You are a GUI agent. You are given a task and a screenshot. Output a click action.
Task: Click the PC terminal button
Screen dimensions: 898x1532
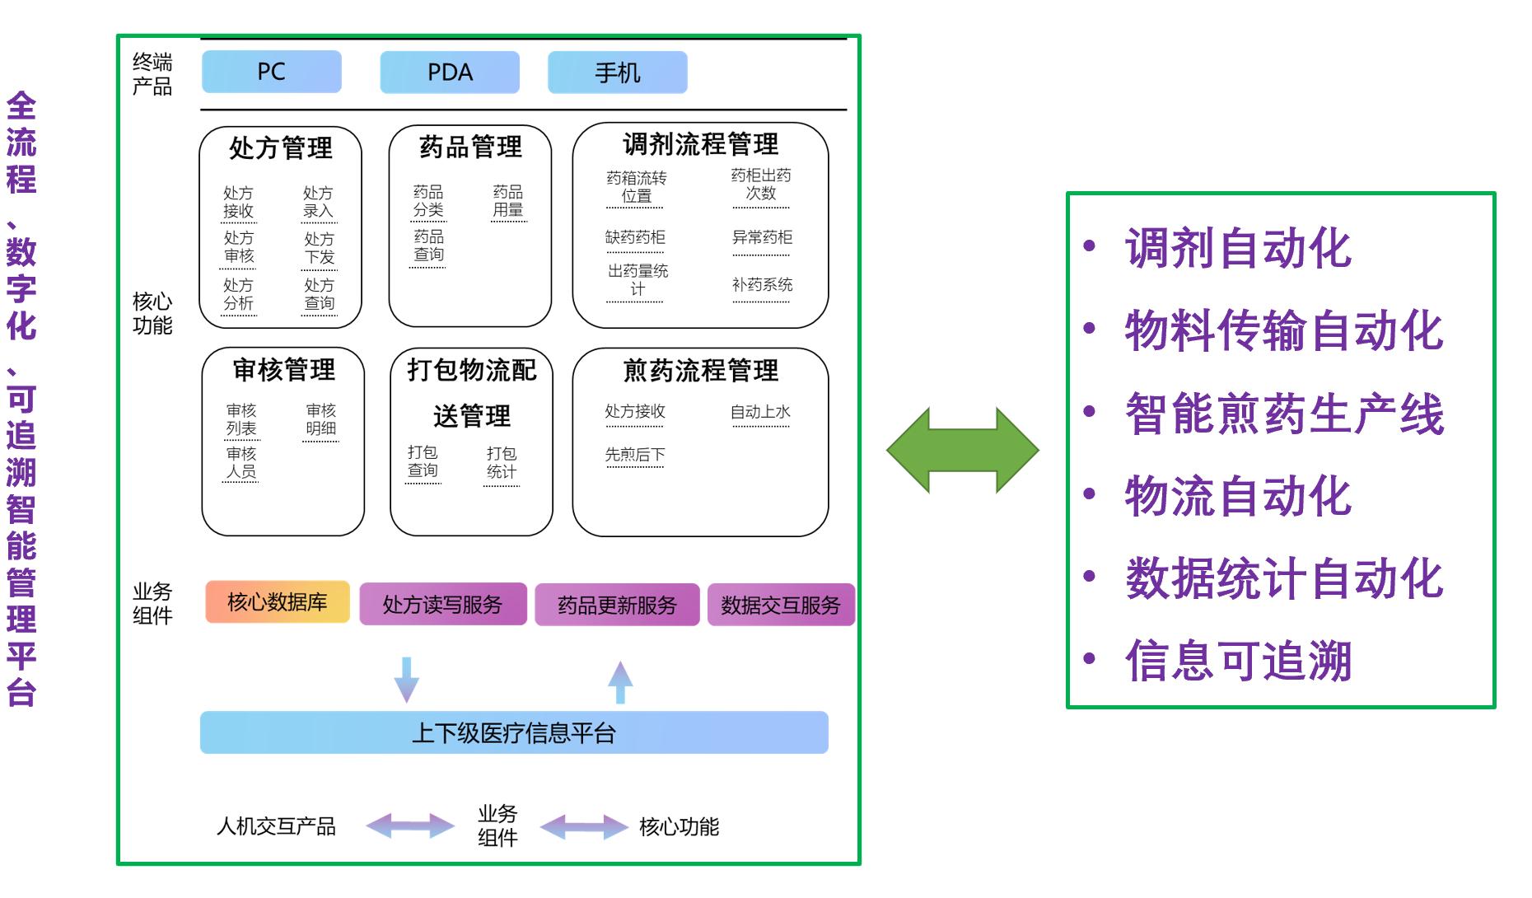coord(271,72)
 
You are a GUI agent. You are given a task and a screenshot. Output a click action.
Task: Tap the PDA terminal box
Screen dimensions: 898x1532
coord(450,72)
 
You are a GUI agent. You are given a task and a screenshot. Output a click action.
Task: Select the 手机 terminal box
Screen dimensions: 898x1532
coord(617,72)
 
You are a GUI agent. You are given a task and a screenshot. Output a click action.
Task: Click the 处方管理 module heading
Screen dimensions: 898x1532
coord(281,148)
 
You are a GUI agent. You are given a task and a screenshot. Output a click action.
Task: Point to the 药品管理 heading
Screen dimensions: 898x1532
coord(470,147)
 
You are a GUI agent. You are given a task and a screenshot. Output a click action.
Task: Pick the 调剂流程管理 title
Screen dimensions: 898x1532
coord(700,144)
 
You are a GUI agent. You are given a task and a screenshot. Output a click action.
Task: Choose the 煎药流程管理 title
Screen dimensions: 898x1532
coord(700,371)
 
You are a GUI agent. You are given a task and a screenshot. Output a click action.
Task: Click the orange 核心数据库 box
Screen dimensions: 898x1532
coord(277,602)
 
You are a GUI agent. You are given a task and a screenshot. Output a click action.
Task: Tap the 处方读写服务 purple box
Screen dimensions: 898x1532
coord(442,605)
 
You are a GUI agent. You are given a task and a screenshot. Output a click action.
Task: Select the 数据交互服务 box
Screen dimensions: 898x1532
coord(780,606)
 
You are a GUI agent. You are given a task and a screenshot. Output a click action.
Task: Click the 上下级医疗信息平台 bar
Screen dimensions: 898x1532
coord(514,732)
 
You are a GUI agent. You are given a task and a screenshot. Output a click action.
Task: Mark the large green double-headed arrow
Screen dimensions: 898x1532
coord(962,450)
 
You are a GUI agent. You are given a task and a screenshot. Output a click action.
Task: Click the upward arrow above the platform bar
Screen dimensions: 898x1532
coord(620,681)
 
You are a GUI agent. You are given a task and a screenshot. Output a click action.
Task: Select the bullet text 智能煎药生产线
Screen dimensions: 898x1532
coord(1284,414)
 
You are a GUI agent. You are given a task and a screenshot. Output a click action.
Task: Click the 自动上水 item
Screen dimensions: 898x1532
coord(760,412)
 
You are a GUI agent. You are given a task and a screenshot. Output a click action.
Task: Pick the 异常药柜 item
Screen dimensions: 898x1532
coord(762,238)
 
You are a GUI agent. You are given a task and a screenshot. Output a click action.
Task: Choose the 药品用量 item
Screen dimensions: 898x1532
coord(508,201)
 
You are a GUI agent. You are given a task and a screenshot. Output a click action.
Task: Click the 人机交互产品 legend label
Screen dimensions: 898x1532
coord(276,826)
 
